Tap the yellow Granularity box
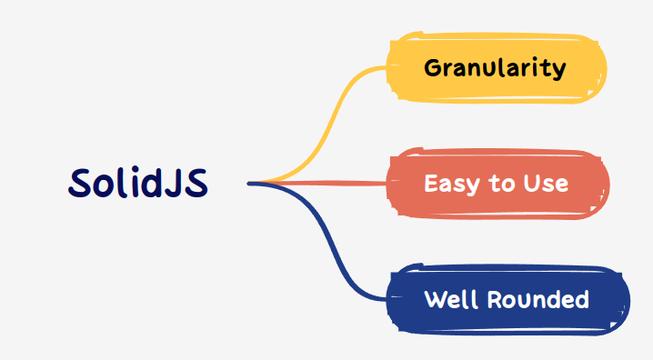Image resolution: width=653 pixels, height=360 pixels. [496, 68]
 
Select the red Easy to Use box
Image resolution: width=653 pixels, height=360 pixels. [497, 184]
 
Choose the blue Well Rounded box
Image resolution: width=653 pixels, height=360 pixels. [507, 299]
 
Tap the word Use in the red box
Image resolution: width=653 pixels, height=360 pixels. [546, 184]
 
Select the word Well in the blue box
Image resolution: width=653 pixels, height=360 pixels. [446, 299]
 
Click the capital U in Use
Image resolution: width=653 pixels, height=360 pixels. [532, 184]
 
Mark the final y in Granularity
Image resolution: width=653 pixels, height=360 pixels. [560, 71]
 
